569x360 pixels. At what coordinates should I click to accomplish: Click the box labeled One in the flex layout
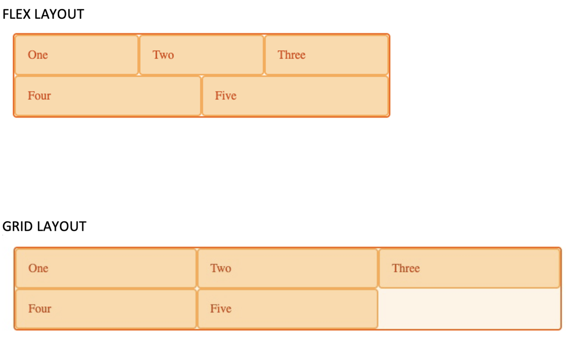[77, 55]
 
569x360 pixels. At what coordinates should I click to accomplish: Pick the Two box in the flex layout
[201, 55]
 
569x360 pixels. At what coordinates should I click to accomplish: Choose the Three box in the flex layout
[326, 55]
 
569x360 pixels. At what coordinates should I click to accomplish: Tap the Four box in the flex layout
[108, 96]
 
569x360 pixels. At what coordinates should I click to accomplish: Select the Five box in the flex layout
[295, 96]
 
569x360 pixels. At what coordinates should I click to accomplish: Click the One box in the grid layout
[106, 268]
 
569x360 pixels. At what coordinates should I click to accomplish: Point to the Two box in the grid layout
[287, 268]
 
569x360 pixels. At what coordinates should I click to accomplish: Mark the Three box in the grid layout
[469, 268]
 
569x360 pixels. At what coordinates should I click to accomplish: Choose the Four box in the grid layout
[106, 309]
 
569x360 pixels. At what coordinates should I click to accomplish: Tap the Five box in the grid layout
[287, 309]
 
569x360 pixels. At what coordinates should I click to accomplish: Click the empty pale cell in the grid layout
[469, 309]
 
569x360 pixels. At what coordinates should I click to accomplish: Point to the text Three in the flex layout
[292, 55]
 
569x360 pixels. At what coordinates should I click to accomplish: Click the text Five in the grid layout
[221, 309]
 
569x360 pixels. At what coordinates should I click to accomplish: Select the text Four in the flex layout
[39, 96]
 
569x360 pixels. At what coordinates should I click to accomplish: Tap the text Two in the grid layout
[221, 268]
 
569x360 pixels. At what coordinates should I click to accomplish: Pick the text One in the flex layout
[38, 55]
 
